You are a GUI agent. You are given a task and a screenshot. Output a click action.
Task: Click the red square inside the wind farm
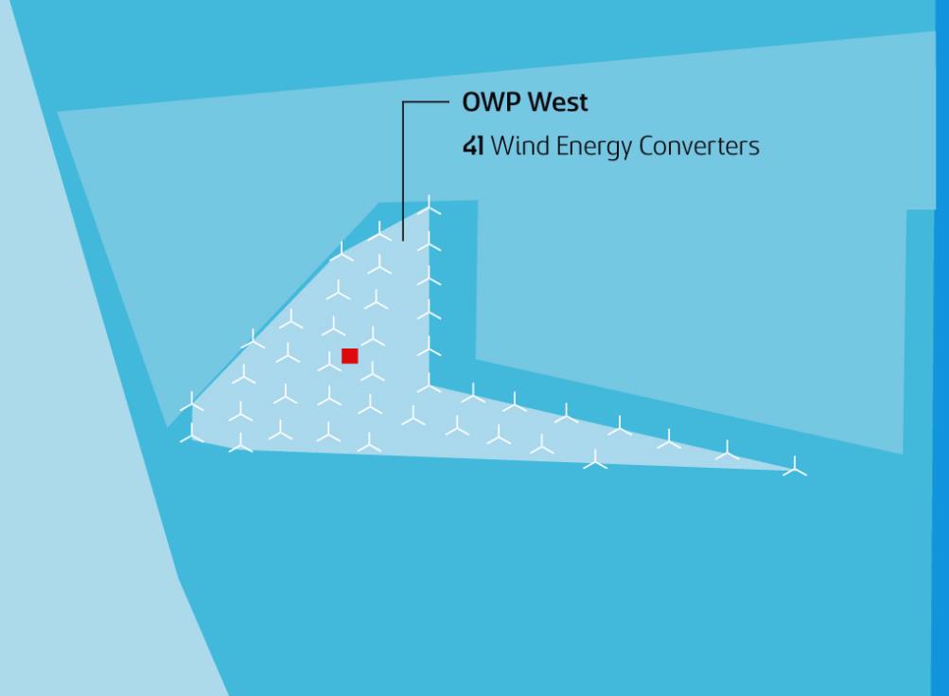pos(350,356)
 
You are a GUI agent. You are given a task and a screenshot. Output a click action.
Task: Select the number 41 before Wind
pos(472,148)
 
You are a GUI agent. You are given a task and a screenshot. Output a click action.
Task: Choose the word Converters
pos(701,148)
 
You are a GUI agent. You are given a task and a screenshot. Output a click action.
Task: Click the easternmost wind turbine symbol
pos(795,467)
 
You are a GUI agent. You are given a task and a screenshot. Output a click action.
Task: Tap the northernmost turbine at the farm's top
pos(430,205)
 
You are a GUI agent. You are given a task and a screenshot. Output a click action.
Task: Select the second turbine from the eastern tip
pos(727,453)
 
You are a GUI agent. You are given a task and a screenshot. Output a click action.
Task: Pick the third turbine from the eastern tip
pos(669,439)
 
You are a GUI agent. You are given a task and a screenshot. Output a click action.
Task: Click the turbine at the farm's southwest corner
pos(192,435)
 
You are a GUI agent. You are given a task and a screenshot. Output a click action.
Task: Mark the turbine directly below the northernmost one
pos(430,244)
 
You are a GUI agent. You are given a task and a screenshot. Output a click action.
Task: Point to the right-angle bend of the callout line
pos(404,103)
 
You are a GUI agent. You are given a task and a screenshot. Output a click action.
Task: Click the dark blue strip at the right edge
pos(942,379)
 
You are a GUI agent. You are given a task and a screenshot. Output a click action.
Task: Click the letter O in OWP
pos(470,103)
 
